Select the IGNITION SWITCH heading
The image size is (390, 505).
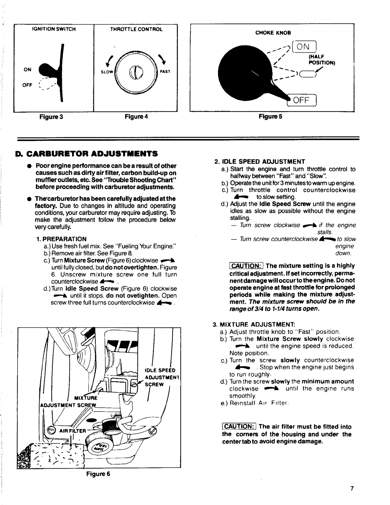(54, 29)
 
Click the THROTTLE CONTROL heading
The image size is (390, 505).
(136, 29)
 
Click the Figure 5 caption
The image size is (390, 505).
(271, 117)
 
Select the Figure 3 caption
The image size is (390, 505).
(51, 117)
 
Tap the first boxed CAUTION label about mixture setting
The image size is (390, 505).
(246, 266)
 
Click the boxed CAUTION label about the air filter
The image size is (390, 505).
(239, 427)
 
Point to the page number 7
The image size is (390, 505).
(352, 488)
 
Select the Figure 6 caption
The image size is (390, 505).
(98, 474)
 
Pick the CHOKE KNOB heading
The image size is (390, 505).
(273, 33)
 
